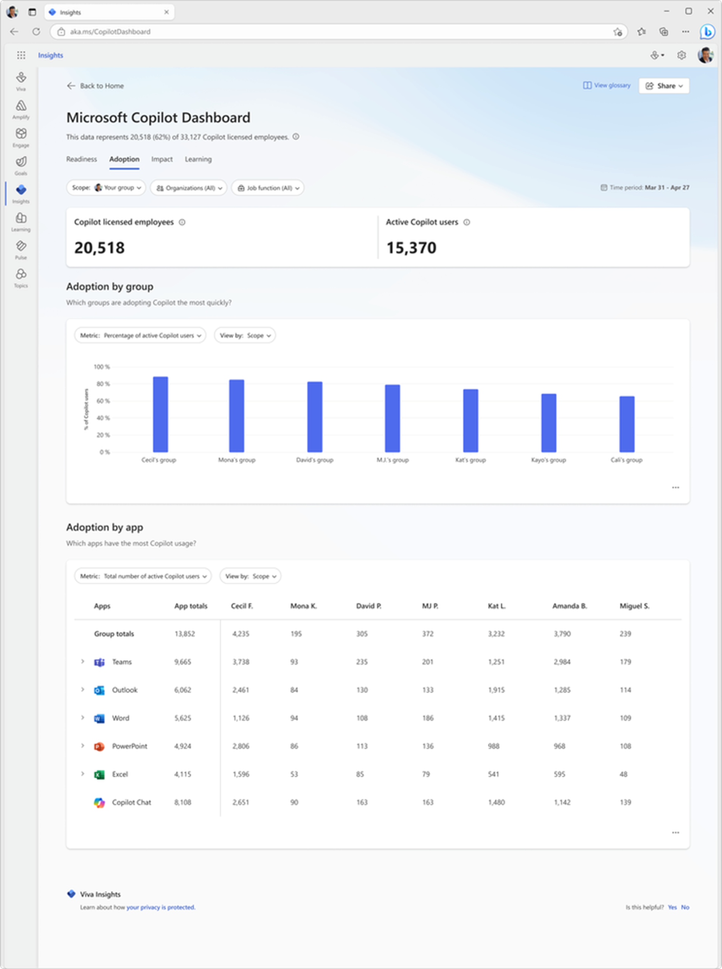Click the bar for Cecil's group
pos(160,414)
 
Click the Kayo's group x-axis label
pos(548,460)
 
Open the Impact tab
pos(162,159)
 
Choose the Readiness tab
pos(82,159)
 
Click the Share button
pos(664,86)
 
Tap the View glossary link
pos(607,85)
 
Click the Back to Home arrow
pos(71,86)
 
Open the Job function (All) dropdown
pos(267,188)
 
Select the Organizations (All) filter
pos(189,188)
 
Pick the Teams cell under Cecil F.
pos(241,662)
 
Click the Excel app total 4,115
pos(183,774)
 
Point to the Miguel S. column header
pos(635,606)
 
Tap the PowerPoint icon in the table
pos(99,746)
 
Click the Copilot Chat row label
pos(132,802)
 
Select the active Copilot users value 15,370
pos(411,248)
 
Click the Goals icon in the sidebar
pos(21,162)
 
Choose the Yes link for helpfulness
pos(672,907)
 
